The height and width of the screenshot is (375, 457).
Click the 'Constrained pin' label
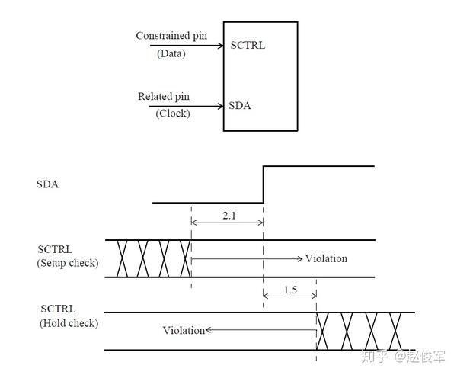[171, 36]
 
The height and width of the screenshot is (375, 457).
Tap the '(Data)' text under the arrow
[171, 53]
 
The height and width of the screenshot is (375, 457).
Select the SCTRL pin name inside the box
[248, 46]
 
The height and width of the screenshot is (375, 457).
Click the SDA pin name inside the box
[240, 105]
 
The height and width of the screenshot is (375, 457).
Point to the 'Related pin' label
[164, 97]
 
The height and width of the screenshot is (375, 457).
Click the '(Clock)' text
[173, 114]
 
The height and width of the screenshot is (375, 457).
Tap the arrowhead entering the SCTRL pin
[221, 46]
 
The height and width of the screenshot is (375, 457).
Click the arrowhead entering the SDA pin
[221, 106]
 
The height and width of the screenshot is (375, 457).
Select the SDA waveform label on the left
[47, 184]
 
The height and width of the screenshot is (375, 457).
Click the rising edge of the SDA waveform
[264, 184]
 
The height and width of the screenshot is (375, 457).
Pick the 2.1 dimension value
[229, 216]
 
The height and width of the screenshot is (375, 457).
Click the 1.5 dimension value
[290, 290]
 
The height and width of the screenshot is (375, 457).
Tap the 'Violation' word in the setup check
[326, 258]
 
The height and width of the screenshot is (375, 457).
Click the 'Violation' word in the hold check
[184, 330]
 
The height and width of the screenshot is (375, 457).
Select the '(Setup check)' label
[68, 263]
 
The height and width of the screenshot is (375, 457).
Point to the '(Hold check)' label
[69, 323]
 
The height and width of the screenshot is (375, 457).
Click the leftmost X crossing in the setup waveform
[122, 258]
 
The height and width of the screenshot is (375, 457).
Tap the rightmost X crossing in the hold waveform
[395, 331]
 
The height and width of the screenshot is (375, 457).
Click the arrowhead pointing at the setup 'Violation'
[299, 258]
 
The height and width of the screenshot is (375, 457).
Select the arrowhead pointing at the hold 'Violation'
[209, 330]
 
